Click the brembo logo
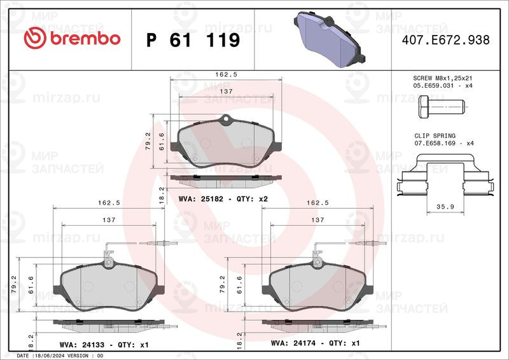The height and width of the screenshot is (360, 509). (x=71, y=39)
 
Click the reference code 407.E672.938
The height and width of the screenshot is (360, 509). (x=445, y=40)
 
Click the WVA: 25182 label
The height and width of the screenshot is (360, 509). (x=199, y=198)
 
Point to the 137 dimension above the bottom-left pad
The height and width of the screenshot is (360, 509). (x=108, y=220)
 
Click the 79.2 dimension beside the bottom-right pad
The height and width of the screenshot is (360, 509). (x=240, y=282)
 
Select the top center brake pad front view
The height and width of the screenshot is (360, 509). (x=226, y=144)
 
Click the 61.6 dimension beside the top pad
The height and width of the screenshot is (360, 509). (x=162, y=140)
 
